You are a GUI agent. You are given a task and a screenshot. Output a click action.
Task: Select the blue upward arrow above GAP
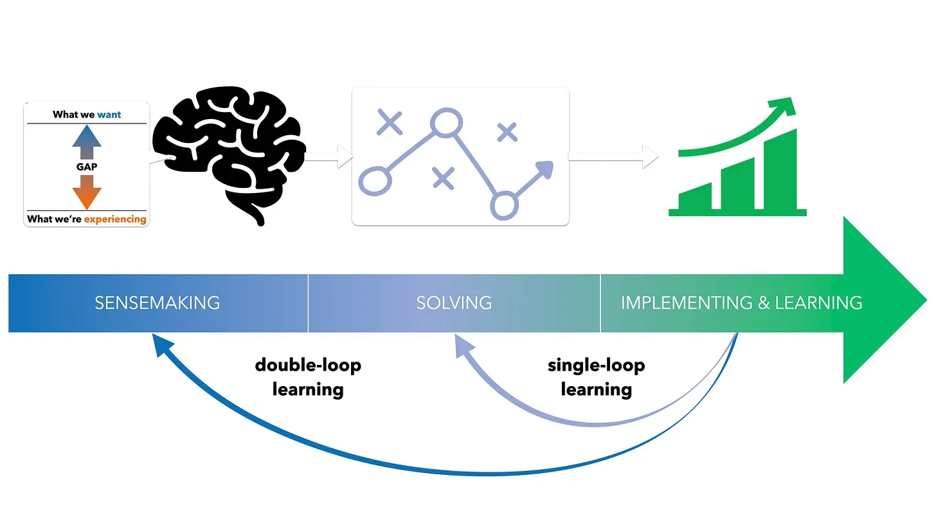87,142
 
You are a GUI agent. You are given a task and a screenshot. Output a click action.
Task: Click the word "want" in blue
109,115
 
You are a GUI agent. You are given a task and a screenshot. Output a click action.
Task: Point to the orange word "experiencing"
115,219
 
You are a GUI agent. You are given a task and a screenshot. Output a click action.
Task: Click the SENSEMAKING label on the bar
157,302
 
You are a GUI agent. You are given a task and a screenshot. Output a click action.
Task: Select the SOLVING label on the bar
454,302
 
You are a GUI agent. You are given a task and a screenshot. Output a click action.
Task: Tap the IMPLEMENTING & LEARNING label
741,302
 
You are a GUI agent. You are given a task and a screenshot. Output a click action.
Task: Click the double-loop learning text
308,377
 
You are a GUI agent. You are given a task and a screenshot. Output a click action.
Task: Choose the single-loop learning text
596,377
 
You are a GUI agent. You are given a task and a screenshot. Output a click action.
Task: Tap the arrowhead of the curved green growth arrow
785,106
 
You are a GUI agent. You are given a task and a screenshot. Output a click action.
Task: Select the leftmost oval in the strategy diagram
374,181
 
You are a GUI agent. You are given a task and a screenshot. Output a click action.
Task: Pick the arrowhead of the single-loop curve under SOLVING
462,347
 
